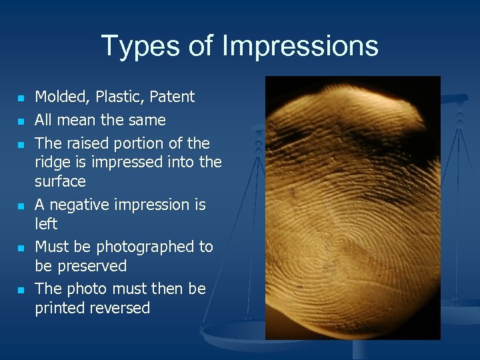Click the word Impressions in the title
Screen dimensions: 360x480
click(x=300, y=47)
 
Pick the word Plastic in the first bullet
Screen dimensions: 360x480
click(x=117, y=97)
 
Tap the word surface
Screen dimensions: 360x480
click(x=60, y=182)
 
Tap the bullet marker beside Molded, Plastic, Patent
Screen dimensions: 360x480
click(x=21, y=99)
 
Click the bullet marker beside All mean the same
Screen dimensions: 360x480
click(x=21, y=122)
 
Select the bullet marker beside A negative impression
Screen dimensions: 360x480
click(x=21, y=207)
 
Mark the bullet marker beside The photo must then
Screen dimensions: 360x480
click(x=21, y=291)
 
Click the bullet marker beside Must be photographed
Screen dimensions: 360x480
click(x=21, y=249)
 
